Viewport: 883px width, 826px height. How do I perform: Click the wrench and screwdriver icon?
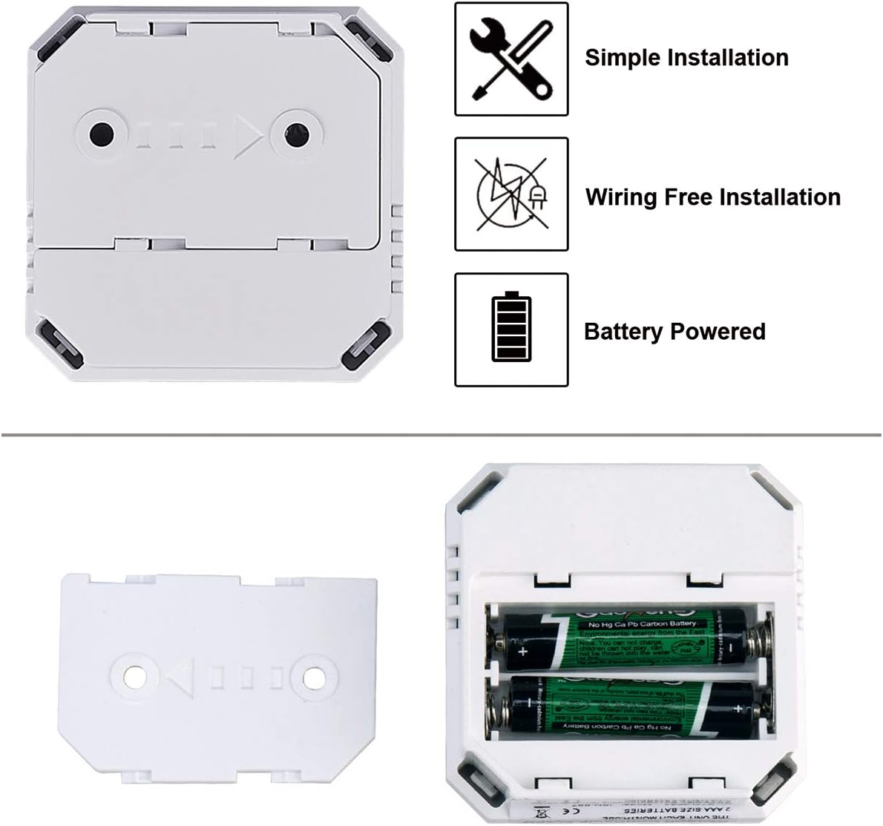(511, 59)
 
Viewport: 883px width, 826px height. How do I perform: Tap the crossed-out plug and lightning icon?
(511, 194)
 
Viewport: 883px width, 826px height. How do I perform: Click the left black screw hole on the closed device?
(102, 135)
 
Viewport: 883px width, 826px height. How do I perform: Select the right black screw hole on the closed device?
(295, 134)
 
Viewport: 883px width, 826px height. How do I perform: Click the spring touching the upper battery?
(758, 639)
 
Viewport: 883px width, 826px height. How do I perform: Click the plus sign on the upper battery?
(525, 652)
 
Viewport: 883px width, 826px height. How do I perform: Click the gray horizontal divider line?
(441, 433)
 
